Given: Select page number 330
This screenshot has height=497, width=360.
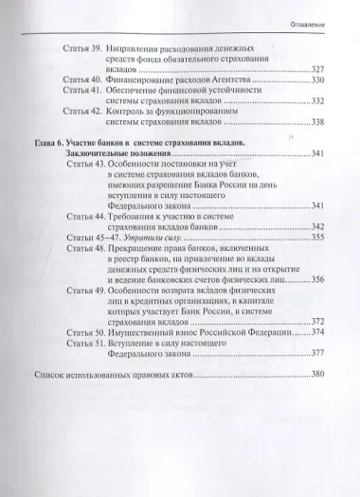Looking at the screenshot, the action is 321,81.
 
